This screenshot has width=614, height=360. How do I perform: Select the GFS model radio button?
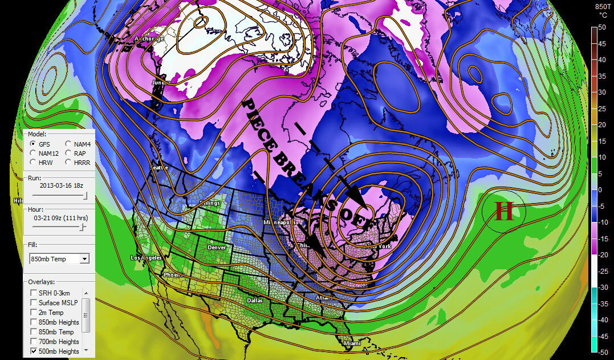pyautogui.click(x=34, y=144)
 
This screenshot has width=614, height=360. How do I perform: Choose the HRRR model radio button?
pyautogui.click(x=68, y=163)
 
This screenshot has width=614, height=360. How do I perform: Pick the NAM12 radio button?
pyautogui.click(x=34, y=153)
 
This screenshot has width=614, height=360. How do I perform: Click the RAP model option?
pyautogui.click(x=68, y=153)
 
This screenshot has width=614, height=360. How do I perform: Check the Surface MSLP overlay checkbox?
pyautogui.click(x=33, y=303)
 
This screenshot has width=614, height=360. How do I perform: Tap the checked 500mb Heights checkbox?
pyautogui.click(x=33, y=351)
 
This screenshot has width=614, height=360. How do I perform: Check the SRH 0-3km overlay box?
pyautogui.click(x=33, y=293)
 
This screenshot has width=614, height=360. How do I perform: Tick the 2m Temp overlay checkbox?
pyautogui.click(x=33, y=313)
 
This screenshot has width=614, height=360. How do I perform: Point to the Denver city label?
pyautogui.click(x=217, y=248)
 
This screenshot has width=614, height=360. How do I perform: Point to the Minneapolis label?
pyautogui.click(x=278, y=222)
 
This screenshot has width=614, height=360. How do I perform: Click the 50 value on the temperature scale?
pyautogui.click(x=602, y=27)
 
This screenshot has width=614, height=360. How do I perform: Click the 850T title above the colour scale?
pyautogui.click(x=603, y=7)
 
